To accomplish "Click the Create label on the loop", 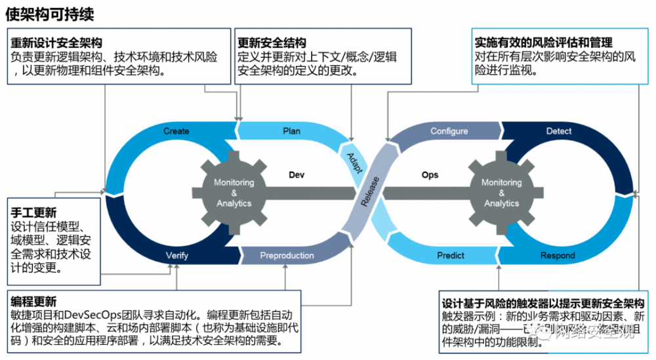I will tap(176, 131).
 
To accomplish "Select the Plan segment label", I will tap(291, 131).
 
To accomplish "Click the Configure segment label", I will tap(449, 131).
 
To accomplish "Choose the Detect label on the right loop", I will tap(559, 131).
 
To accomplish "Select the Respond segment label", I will tap(557, 255).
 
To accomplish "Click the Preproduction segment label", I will tap(287, 255).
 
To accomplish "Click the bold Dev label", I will tap(297, 175).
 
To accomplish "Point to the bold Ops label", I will tap(430, 175).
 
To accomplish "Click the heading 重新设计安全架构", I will tap(56, 43).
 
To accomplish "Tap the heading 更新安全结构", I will tap(272, 43).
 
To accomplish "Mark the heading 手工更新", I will tap(34, 213).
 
